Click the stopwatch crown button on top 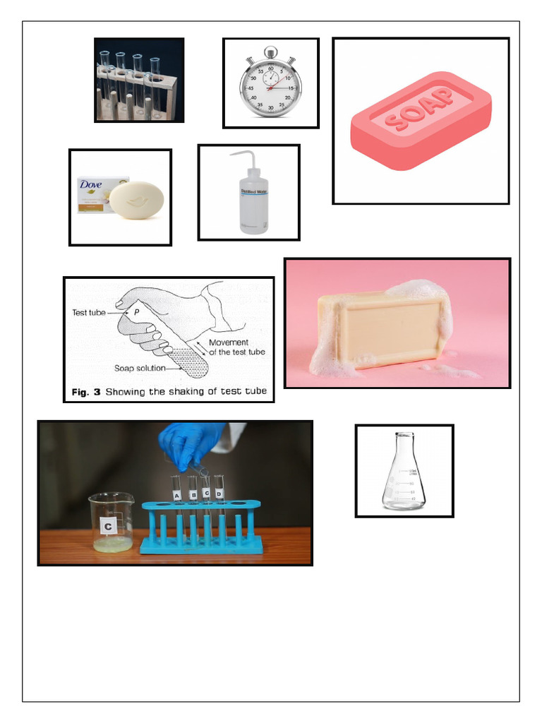(270, 52)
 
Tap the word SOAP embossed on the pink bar (421, 109)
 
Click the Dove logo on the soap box (91, 185)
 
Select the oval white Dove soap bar (137, 200)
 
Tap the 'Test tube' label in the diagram (89, 312)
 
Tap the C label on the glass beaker (109, 525)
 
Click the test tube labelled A (176, 494)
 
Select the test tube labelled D (219, 492)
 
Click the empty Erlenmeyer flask (404, 474)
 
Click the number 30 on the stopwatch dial (270, 107)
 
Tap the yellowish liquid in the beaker (113, 544)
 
